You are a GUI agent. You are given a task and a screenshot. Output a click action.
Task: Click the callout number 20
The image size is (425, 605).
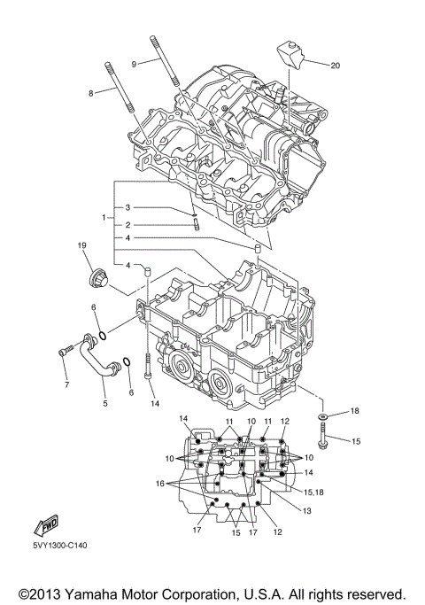(x=335, y=66)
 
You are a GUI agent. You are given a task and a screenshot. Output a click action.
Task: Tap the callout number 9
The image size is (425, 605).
(x=134, y=64)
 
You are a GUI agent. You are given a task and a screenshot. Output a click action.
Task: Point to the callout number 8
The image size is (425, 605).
(x=90, y=92)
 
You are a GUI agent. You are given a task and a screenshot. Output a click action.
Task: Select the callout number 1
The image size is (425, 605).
(x=104, y=217)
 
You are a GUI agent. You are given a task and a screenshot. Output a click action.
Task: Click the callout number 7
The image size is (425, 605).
(x=65, y=385)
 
